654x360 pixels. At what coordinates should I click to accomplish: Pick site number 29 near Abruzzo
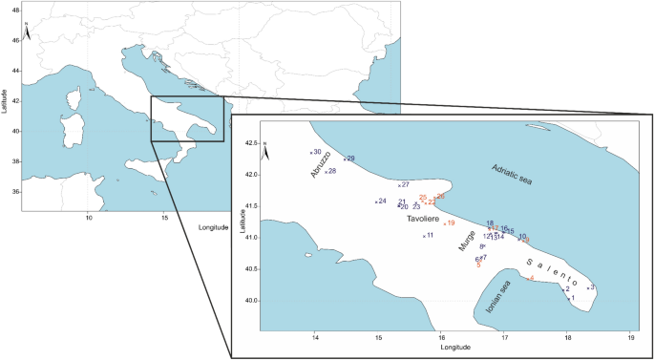[349, 159]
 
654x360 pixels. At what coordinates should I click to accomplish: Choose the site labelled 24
[381, 201]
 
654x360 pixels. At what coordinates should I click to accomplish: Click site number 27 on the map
[404, 184]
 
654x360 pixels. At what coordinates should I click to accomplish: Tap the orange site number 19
[450, 223]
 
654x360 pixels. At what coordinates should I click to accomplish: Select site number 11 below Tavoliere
[429, 235]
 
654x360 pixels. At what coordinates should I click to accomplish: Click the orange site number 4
[531, 279]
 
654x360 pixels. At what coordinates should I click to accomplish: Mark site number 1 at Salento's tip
[572, 298]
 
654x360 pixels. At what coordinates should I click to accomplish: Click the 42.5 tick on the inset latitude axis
[250, 143]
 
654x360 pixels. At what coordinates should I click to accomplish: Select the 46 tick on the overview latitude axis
[14, 42]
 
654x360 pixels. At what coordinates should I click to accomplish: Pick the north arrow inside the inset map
[267, 153]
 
